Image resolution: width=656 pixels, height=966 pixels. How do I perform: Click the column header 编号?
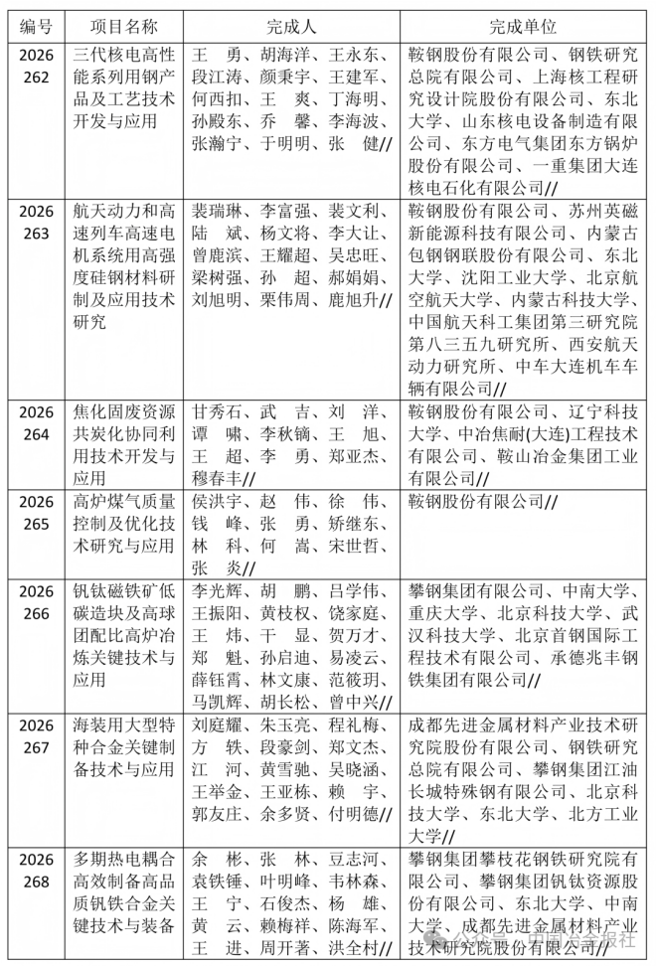pos(37,23)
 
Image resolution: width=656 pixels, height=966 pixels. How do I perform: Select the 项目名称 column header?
pos(126,23)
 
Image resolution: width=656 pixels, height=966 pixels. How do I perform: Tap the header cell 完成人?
pos(290,23)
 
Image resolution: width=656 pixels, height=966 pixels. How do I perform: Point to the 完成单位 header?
pos(523,23)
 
